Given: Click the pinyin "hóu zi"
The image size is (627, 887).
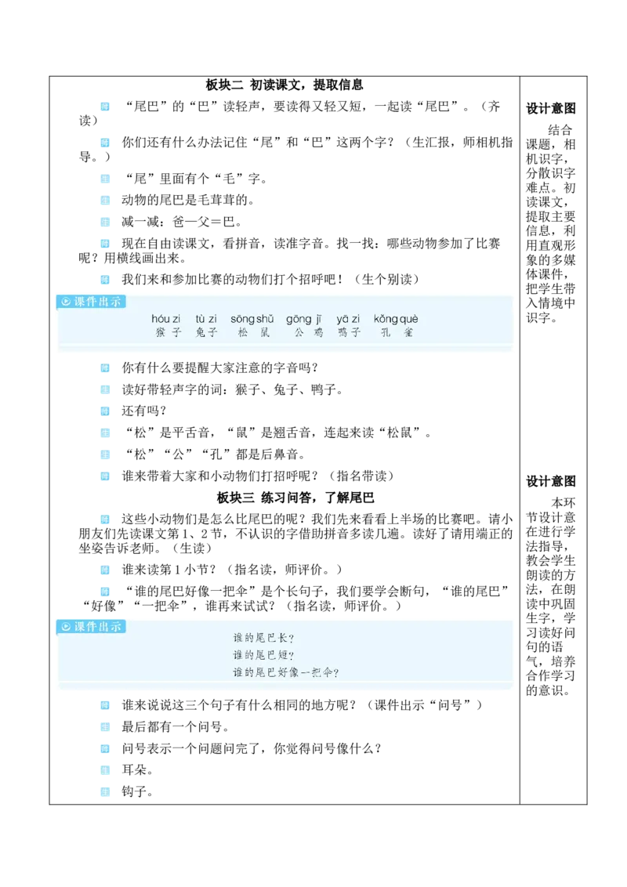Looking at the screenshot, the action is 166,319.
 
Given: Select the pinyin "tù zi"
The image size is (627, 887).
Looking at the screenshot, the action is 206,319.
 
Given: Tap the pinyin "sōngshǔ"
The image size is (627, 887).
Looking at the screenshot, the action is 252,319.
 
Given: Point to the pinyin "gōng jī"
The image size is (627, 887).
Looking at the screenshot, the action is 304,319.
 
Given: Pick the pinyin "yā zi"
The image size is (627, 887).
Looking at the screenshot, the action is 349,319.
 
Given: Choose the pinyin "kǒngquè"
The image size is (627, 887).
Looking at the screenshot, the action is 396,319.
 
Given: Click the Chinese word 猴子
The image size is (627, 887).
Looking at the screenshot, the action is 168,333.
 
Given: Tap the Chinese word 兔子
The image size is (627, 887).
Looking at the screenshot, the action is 207,333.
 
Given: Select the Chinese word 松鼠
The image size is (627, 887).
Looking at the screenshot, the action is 253,333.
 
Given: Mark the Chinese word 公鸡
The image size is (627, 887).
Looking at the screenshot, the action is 308,333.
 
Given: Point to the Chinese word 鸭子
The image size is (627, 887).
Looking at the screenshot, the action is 350,333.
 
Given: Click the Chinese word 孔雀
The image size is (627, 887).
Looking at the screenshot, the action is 397,333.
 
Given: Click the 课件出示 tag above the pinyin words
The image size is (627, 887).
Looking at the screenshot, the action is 91,301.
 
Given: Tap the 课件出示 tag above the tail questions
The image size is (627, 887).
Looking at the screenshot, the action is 91,626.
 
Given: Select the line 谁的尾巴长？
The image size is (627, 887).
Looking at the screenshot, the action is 263,638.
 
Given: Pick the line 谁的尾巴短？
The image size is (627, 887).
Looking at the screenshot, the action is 263,655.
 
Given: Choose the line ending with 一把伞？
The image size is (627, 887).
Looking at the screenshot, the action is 286,672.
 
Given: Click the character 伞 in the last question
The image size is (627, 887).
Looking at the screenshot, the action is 328,672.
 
